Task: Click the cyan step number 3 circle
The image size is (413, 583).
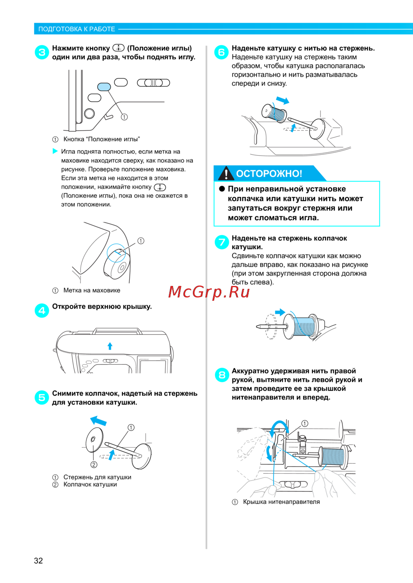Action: [42, 52]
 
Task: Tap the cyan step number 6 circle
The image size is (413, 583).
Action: [221, 52]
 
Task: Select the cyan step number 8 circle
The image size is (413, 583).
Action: [222, 375]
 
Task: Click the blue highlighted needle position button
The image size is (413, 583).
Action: [104, 87]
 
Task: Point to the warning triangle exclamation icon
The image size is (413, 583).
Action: [225, 173]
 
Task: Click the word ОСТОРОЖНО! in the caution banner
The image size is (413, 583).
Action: [269, 173]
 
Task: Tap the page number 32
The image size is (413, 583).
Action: [38, 560]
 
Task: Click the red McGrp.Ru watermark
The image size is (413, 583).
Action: [209, 292]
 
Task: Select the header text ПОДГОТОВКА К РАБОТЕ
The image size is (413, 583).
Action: [76, 29]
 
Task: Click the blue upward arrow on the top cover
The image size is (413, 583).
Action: [110, 346]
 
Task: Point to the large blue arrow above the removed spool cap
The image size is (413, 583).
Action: [98, 420]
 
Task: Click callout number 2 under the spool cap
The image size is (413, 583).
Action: [94, 465]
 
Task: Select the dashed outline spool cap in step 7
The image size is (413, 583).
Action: [271, 326]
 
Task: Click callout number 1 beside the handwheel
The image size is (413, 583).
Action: [141, 241]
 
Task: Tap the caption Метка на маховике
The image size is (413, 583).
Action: [92, 290]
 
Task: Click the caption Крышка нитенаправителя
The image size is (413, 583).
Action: [281, 502]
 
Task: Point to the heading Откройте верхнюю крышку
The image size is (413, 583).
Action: [102, 306]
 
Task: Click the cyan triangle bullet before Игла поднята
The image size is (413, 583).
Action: [55, 151]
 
